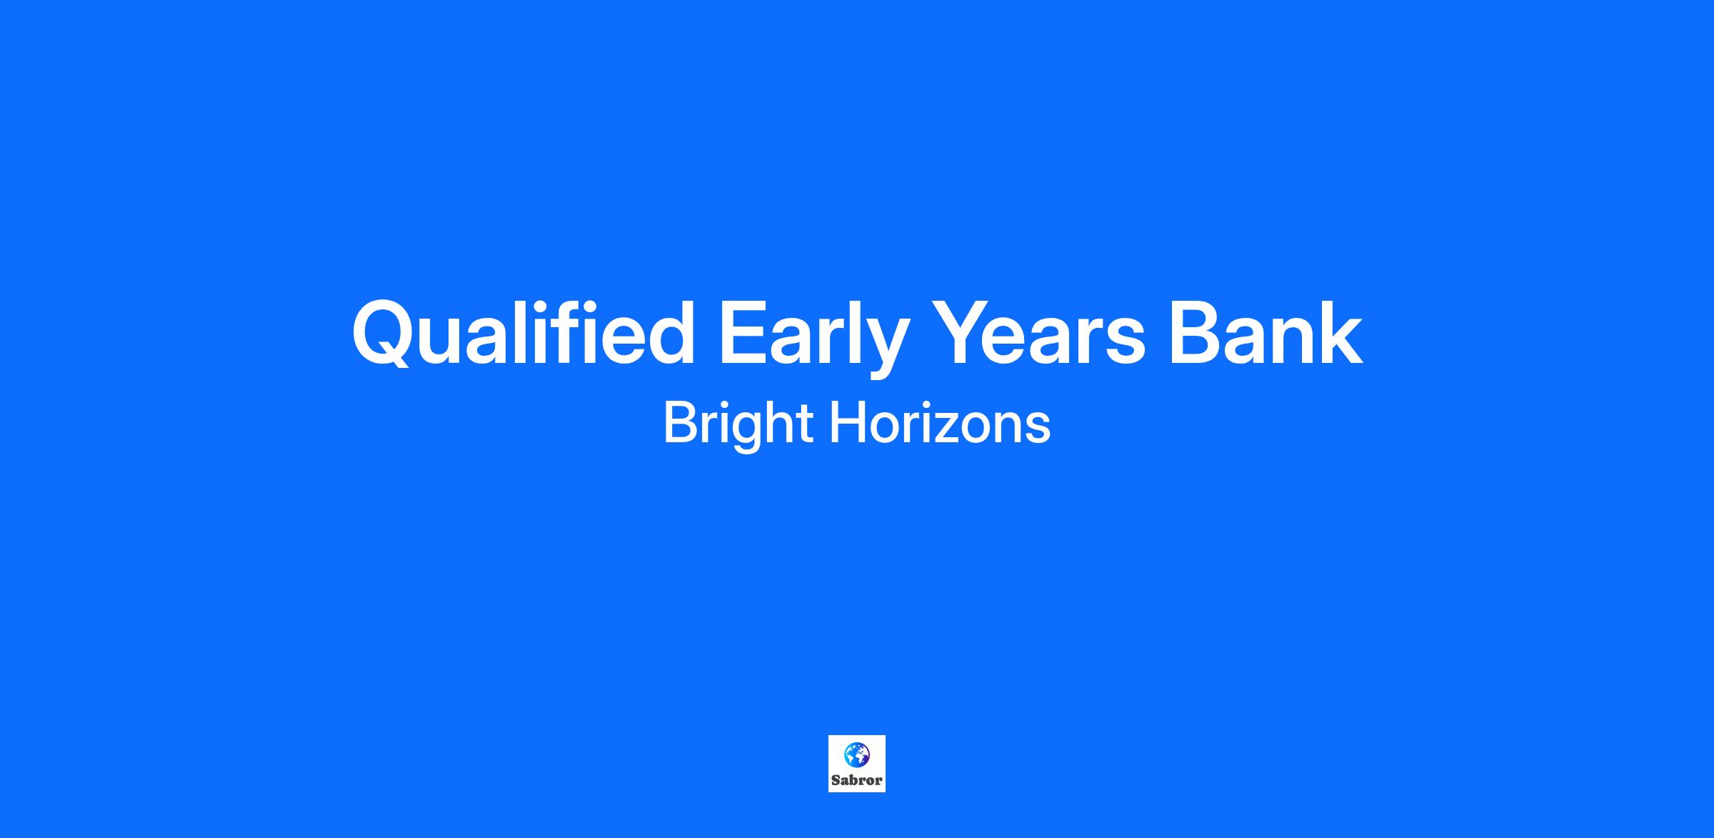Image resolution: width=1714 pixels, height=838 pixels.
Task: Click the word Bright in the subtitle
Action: pyautogui.click(x=738, y=424)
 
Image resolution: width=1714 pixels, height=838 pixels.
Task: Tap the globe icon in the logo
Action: pyautogui.click(x=857, y=754)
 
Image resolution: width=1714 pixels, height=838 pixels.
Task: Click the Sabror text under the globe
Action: pyautogui.click(x=857, y=780)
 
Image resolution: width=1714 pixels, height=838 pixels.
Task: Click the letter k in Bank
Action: pyautogui.click(x=1341, y=331)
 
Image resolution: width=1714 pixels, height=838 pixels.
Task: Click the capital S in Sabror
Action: pyautogui.click(x=836, y=780)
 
